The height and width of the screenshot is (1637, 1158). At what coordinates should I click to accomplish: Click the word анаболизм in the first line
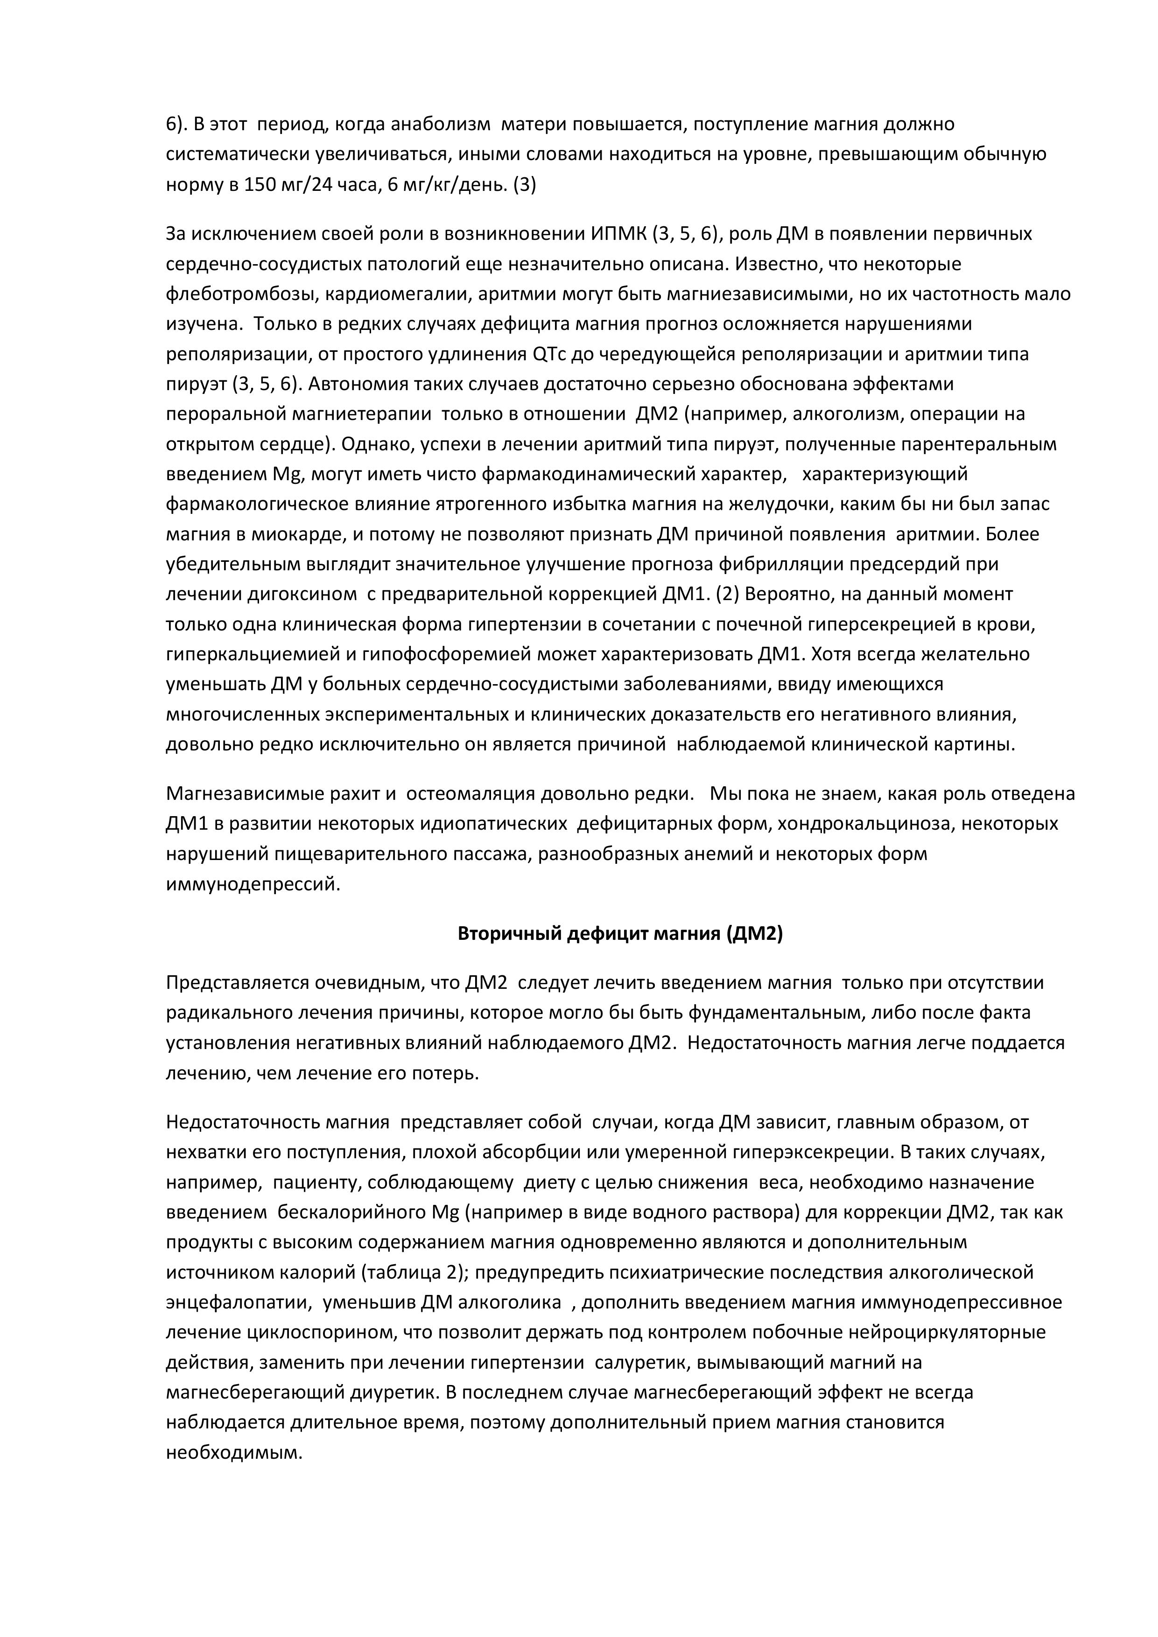441,124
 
